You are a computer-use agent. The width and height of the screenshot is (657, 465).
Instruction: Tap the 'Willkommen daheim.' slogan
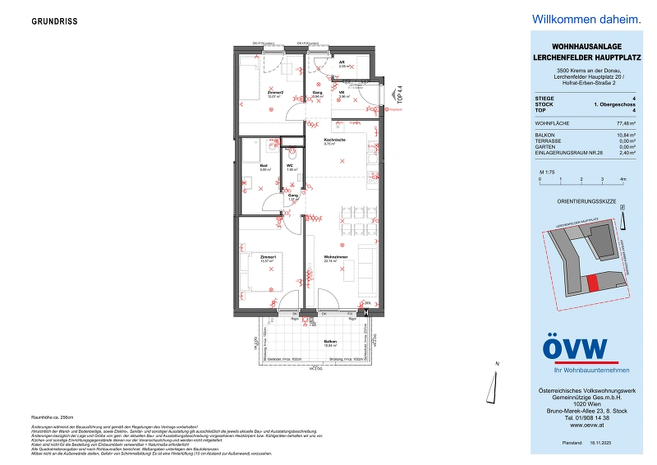(x=586, y=18)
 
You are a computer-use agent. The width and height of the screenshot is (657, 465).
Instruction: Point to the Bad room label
(x=264, y=166)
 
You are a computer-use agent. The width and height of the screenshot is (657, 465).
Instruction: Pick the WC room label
(x=290, y=166)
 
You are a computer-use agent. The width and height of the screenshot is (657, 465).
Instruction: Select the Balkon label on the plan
(x=330, y=340)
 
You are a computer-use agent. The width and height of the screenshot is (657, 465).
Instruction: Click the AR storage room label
(x=342, y=62)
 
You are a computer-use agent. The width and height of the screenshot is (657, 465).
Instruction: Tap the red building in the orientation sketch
(x=593, y=283)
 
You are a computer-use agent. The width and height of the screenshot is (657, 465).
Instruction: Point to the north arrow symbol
(x=498, y=371)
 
